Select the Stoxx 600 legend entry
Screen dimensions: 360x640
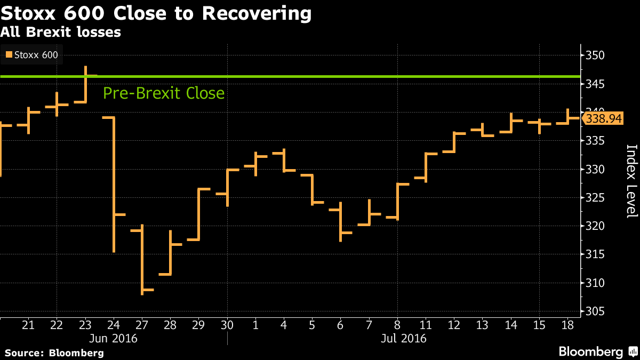tap(32, 54)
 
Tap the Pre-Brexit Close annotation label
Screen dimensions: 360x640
tap(164, 93)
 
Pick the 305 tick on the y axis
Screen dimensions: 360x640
tap(596, 311)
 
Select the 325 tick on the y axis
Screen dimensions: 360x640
tap(596, 198)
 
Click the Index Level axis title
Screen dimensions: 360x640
tap(631, 181)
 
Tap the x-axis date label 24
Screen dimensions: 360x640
tap(114, 325)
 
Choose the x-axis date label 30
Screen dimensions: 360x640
tap(227, 325)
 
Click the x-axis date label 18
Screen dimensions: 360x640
tap(568, 325)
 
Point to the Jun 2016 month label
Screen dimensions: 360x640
tap(114, 338)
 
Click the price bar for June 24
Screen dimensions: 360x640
tap(114, 184)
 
